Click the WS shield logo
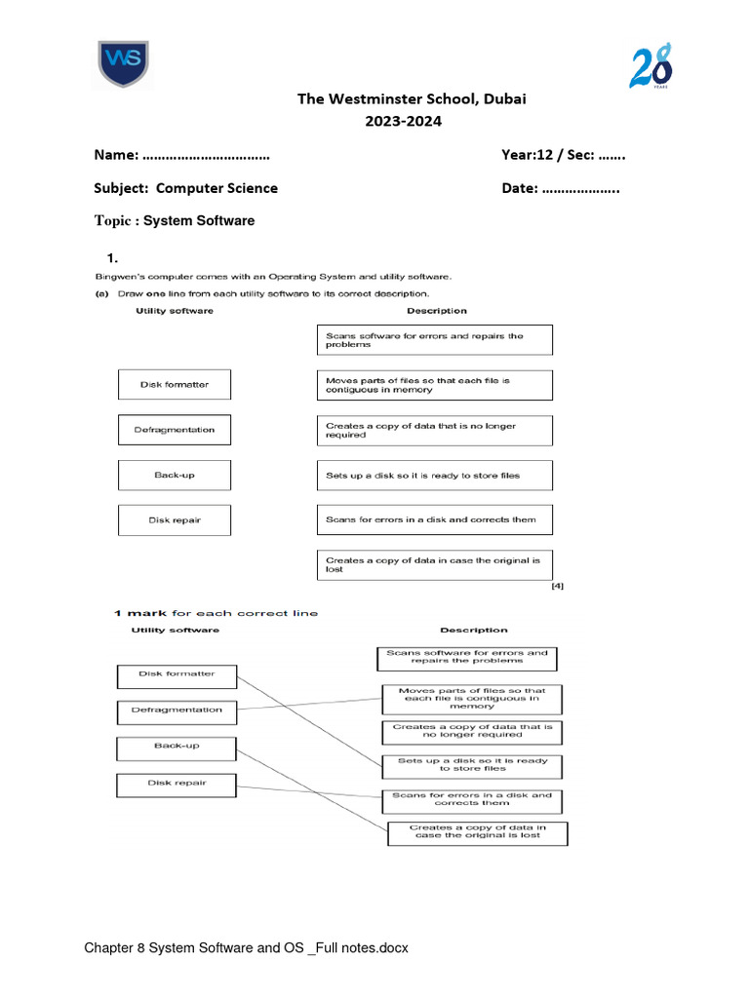click(122, 64)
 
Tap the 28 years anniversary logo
click(650, 66)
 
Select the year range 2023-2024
click(403, 122)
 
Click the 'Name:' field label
click(116, 155)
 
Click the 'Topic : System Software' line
click(174, 220)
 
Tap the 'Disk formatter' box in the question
click(175, 384)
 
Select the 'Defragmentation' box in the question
click(175, 430)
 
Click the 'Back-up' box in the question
click(175, 475)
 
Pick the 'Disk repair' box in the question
click(175, 520)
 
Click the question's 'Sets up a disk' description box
click(434, 476)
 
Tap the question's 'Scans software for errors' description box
click(434, 340)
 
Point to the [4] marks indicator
click(556, 586)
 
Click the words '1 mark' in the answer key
click(140, 613)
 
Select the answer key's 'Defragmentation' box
click(177, 710)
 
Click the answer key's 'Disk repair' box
click(177, 783)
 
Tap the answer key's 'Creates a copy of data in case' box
click(477, 832)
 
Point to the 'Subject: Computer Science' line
click(185, 188)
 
